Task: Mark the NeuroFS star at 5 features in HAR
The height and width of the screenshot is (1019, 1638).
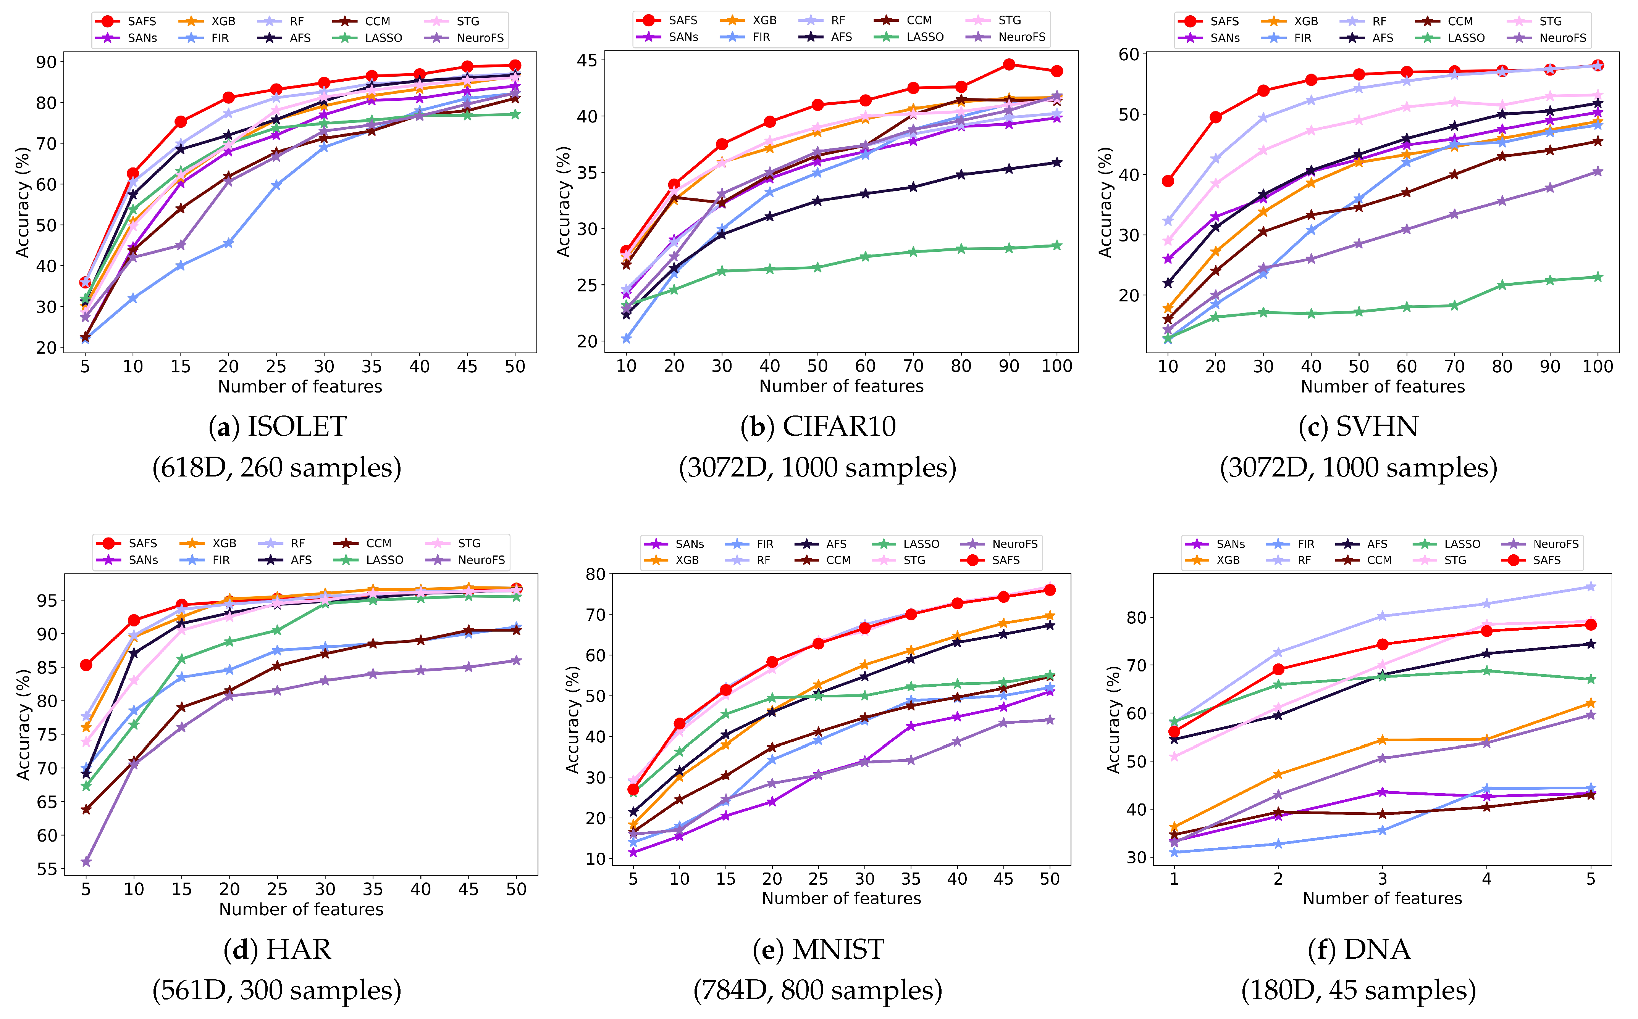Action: (x=86, y=862)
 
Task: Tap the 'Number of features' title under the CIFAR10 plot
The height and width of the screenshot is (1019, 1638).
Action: (x=841, y=386)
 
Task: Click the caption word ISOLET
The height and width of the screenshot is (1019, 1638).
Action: (x=297, y=427)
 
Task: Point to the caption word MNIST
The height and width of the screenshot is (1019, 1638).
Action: (x=838, y=950)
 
